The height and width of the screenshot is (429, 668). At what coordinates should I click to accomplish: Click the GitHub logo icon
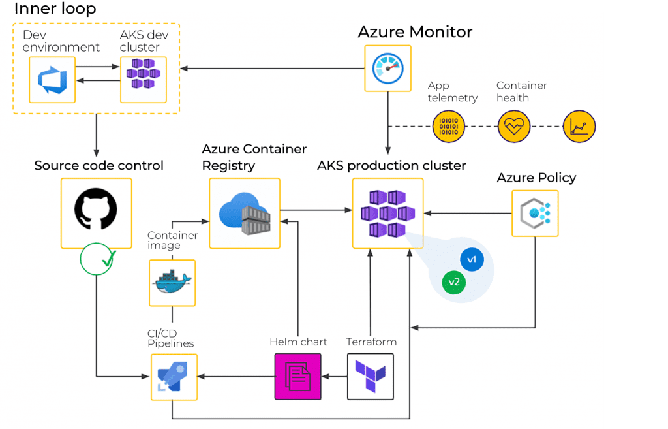pyautogui.click(x=96, y=213)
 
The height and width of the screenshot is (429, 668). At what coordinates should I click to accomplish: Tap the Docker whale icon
pyautogui.click(x=172, y=282)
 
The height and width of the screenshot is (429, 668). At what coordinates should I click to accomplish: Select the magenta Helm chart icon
pyautogui.click(x=298, y=376)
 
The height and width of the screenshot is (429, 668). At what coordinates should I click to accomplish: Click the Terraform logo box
pyautogui.click(x=371, y=376)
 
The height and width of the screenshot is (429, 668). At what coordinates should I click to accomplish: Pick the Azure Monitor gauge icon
pyautogui.click(x=387, y=68)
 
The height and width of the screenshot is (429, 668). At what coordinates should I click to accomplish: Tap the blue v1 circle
pyautogui.click(x=472, y=260)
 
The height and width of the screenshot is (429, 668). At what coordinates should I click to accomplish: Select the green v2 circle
pyautogui.click(x=453, y=282)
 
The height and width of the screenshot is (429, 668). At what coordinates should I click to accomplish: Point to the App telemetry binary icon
pyautogui.click(x=449, y=126)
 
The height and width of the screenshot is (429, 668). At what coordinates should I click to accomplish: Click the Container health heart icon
pyautogui.click(x=513, y=126)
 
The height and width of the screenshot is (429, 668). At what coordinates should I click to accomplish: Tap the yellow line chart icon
pyautogui.click(x=579, y=126)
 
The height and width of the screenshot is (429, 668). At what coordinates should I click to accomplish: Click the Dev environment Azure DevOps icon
pyautogui.click(x=52, y=79)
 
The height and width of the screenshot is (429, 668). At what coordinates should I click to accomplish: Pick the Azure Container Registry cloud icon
pyautogui.click(x=245, y=213)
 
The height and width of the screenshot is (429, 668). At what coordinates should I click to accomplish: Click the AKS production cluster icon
pyautogui.click(x=387, y=213)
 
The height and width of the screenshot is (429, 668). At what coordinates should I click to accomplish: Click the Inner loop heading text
pyautogui.click(x=55, y=8)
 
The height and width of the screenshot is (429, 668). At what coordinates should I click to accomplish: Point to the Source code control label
pyautogui.click(x=99, y=166)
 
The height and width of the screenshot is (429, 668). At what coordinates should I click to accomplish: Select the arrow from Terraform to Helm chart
pyautogui.click(x=334, y=377)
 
